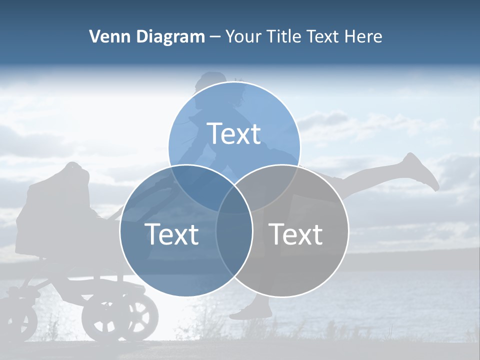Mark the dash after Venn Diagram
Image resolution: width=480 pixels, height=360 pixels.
(x=215, y=37)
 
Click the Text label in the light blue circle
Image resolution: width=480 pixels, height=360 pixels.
(x=234, y=133)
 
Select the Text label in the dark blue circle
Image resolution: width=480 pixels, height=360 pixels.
(x=171, y=233)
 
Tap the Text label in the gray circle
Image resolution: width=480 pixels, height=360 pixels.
(x=296, y=233)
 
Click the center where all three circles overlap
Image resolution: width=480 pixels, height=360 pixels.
(x=234, y=200)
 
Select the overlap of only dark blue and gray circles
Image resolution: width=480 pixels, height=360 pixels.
(x=234, y=240)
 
